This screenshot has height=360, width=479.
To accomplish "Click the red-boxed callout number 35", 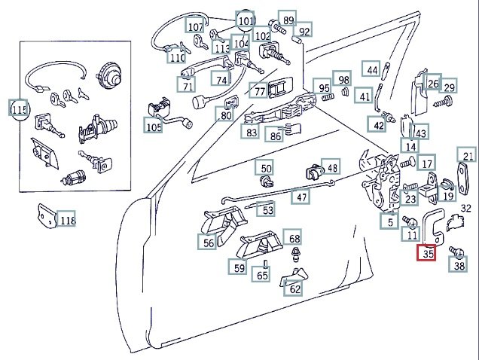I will [x=428, y=255].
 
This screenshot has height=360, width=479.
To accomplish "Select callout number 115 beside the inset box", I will [x=19, y=109].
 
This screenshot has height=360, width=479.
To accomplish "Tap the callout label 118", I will [x=67, y=221].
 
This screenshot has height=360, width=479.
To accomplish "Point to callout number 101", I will [x=246, y=20].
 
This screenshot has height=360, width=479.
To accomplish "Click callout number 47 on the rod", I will [x=301, y=197].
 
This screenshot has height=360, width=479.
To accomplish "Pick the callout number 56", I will [x=209, y=243].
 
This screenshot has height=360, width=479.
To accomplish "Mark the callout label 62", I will [x=294, y=288].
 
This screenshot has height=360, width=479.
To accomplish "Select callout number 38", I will [x=459, y=264].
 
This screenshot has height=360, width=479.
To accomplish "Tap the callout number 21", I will [x=468, y=157].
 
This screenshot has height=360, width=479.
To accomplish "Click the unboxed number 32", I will [x=466, y=209].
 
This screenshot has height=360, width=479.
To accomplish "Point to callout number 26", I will [x=433, y=84].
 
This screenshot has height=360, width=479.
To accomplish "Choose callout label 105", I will [x=154, y=127].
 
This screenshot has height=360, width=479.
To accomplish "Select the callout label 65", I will [x=262, y=276].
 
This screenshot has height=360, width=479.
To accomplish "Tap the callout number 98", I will [x=343, y=80].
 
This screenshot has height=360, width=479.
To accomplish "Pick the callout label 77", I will [x=260, y=92].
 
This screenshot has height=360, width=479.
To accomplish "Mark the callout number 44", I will [x=372, y=70].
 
